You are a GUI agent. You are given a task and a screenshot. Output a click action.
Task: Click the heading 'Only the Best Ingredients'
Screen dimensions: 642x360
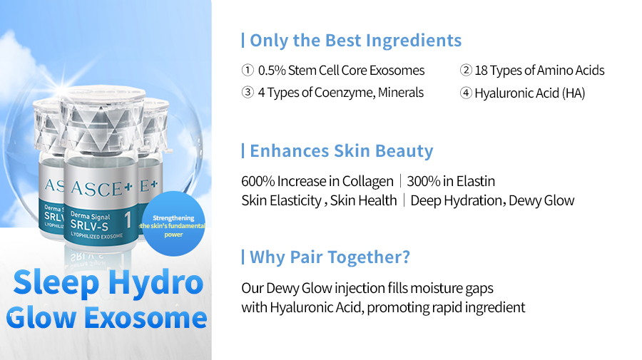[355, 41]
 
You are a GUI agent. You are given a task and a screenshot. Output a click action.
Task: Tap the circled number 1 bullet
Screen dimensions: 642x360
[248, 70]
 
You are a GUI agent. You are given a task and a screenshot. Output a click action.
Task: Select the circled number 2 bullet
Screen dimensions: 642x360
[466, 70]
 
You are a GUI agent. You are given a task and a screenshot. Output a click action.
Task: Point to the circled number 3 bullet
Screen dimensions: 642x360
[248, 92]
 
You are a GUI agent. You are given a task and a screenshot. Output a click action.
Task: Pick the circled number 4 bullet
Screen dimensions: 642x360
[466, 93]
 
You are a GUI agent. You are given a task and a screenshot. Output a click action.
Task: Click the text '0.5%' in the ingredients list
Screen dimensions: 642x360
[272, 71]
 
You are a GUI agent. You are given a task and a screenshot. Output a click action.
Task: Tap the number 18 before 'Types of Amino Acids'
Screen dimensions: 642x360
[481, 71]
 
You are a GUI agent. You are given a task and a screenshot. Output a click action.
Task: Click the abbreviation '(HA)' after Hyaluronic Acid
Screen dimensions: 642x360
[574, 93]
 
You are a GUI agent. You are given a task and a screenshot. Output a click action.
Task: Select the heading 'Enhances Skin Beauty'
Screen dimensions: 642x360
[342, 151]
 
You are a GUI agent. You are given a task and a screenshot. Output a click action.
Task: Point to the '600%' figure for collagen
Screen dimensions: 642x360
[258, 181]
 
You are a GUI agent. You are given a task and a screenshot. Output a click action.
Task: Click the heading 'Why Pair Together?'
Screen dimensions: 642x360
[330, 257]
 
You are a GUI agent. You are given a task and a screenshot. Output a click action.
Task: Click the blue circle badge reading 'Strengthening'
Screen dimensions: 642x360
[173, 224]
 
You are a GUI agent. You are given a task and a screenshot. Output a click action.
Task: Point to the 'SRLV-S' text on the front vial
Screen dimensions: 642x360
[89, 225]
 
